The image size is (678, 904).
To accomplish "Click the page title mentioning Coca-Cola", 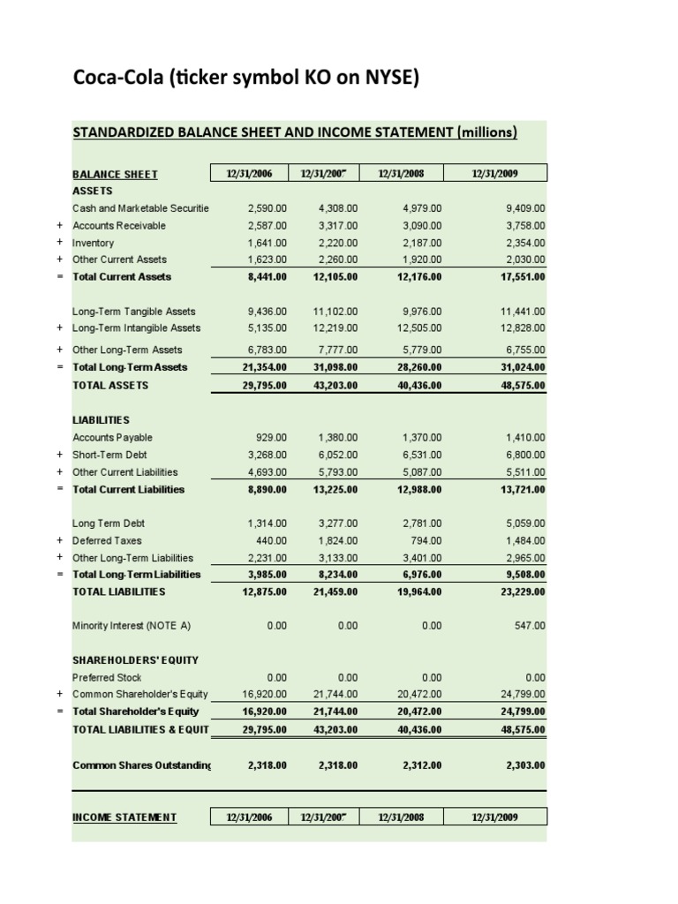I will pos(245,79).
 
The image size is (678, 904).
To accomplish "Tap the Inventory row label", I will pos(94,243).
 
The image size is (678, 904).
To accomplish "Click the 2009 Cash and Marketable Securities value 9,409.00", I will pos(524,208).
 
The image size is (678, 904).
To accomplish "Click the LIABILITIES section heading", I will pos(101,420).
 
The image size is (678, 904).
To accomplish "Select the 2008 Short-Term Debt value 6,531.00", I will pos(421,455).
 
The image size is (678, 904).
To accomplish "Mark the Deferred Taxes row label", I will pos(107,540).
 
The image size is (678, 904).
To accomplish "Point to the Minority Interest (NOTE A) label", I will pos(132,626).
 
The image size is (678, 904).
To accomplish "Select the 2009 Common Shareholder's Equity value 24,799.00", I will pos(524,695).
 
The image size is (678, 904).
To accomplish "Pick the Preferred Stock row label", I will pos(107,678).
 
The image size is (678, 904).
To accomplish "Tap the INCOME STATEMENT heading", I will pos(124,817).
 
